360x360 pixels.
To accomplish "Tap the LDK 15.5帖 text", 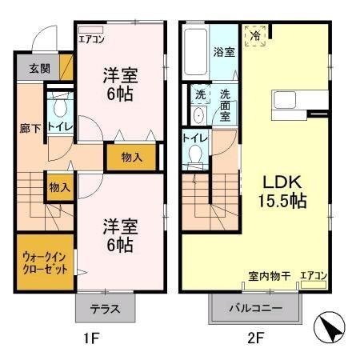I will [279, 191].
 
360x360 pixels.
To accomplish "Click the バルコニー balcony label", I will [255, 307].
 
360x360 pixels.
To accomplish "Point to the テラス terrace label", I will [105, 307].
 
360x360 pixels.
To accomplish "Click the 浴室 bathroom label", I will [223, 52].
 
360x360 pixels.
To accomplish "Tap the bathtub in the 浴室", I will [195, 52].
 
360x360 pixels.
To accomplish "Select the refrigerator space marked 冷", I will [256, 36].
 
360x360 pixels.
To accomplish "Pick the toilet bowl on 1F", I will [58, 108].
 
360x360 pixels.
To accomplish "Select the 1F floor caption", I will [90, 338].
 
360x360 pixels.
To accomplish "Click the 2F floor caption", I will [254, 338].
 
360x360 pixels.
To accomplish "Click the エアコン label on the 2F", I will [313, 276].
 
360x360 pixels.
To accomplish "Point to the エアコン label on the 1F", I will [91, 38].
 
